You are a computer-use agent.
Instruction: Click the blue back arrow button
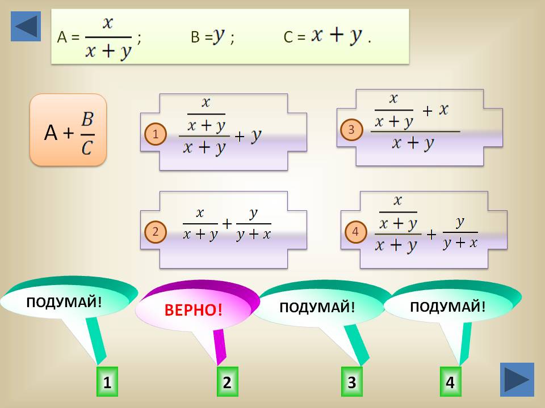click(x=26, y=27)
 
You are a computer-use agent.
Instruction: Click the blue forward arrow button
click(x=517, y=379)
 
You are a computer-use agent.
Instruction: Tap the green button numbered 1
click(x=106, y=382)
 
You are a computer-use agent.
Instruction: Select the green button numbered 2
click(x=227, y=382)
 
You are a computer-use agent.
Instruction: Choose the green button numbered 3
click(x=351, y=382)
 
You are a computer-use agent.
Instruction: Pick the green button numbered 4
click(x=450, y=382)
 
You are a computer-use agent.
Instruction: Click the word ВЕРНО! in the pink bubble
click(x=194, y=310)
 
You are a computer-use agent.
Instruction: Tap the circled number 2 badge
click(x=155, y=231)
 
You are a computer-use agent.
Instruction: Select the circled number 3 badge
click(x=351, y=130)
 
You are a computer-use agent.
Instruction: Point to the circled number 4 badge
click(x=355, y=231)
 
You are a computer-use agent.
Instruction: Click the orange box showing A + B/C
click(x=68, y=130)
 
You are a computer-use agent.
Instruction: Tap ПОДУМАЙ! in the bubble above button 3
click(x=317, y=307)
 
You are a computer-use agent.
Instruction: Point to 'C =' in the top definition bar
click(x=294, y=37)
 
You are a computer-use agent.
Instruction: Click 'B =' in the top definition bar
click(x=202, y=37)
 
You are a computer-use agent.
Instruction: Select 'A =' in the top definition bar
click(x=68, y=37)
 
